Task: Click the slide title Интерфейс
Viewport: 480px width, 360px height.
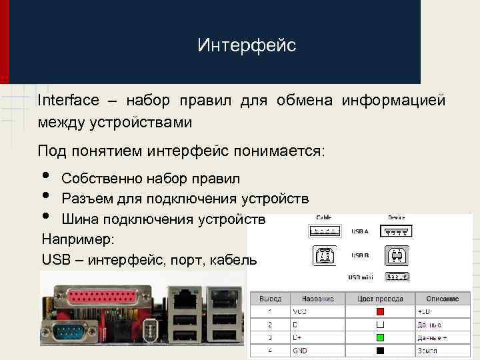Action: click(x=247, y=45)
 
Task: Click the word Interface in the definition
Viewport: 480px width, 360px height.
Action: click(x=69, y=101)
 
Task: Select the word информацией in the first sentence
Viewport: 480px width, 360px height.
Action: click(x=393, y=101)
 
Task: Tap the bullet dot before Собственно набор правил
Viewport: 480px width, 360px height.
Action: click(x=45, y=176)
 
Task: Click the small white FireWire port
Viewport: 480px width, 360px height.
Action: click(x=149, y=329)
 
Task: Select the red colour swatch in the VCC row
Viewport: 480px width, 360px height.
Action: click(x=380, y=311)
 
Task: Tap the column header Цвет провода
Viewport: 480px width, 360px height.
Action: click(x=380, y=299)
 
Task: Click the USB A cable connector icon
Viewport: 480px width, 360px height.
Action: click(x=324, y=231)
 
